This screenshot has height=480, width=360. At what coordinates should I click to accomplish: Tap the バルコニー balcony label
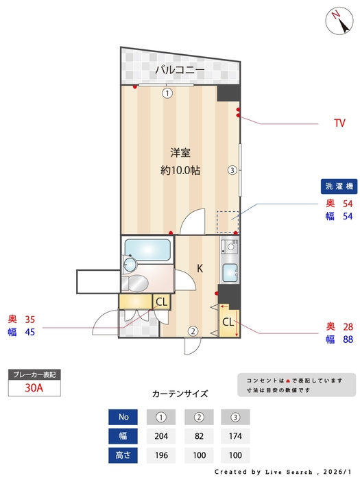179,69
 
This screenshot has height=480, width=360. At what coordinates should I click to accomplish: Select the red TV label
339,123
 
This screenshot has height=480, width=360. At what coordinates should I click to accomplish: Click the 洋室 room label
180,153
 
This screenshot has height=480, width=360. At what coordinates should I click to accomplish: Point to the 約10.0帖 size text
180,171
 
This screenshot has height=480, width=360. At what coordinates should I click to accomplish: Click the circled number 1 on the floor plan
167,93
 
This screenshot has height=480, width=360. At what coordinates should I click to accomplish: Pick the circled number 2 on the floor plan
193,331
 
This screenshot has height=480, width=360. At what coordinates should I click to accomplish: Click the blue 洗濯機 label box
338,187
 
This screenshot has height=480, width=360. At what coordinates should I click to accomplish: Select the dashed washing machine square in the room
228,222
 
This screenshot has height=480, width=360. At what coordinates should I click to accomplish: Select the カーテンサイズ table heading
180,394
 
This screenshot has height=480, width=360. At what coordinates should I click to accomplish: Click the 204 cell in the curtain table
162,435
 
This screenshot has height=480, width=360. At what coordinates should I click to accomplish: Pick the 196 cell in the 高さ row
162,455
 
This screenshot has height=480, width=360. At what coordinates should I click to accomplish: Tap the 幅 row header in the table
123,435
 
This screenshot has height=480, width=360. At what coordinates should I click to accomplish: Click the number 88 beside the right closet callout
347,339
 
